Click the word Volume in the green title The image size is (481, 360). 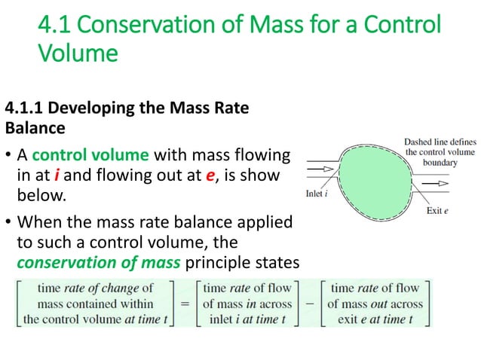[x=78, y=53]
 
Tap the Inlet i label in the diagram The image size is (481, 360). [x=317, y=192]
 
